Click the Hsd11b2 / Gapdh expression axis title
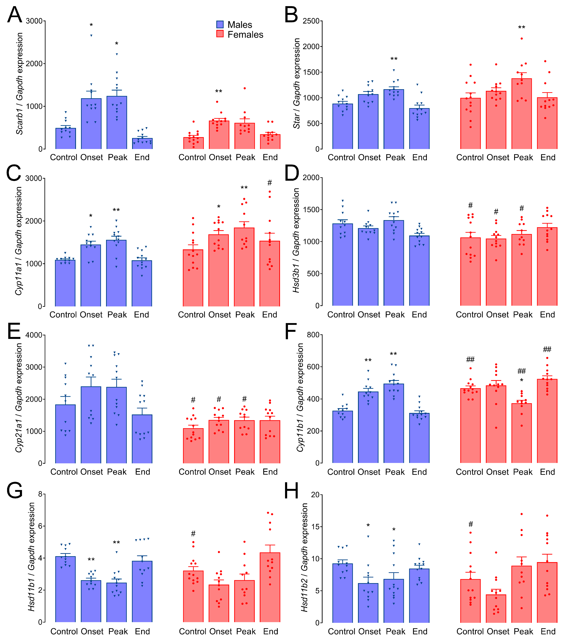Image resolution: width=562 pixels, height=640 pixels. click(x=304, y=558)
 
